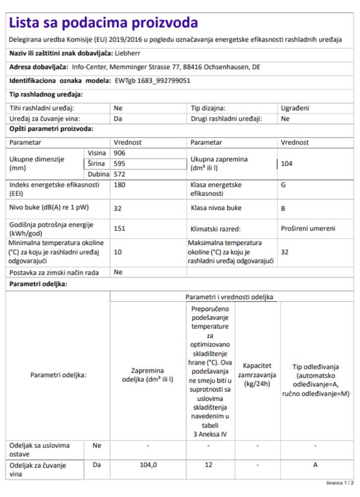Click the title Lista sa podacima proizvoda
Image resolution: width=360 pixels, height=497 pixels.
click(103, 22)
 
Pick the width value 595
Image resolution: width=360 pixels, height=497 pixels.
click(119, 163)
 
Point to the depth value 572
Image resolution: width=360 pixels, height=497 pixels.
click(119, 174)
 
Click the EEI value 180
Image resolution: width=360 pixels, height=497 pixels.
click(119, 185)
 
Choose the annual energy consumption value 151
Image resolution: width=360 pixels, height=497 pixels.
click(119, 229)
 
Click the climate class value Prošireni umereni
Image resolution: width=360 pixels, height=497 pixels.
click(308, 229)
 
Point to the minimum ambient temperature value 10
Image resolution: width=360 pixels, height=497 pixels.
click(118, 252)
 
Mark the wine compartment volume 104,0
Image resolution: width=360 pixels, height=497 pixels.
click(147, 466)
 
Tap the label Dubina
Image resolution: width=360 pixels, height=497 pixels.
click(98, 174)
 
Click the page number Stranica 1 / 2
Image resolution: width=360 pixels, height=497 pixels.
click(340, 482)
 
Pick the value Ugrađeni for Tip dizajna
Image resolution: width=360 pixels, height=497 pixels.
click(296, 107)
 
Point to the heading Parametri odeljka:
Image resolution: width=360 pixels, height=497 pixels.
click(38, 284)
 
